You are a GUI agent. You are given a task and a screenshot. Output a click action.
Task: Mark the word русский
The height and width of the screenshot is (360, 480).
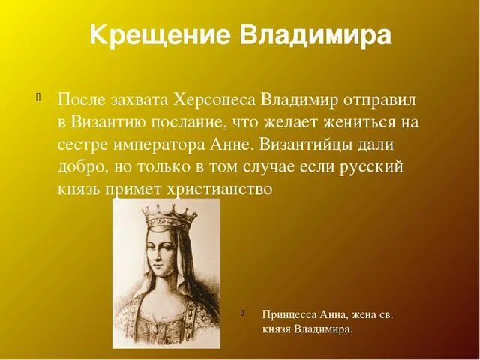pyautogui.click(x=373, y=166)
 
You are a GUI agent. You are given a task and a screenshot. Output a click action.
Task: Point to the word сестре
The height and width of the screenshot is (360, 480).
pyautogui.click(x=82, y=144)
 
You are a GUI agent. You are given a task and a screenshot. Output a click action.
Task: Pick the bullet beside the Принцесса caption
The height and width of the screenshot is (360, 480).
pyautogui.click(x=244, y=313)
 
